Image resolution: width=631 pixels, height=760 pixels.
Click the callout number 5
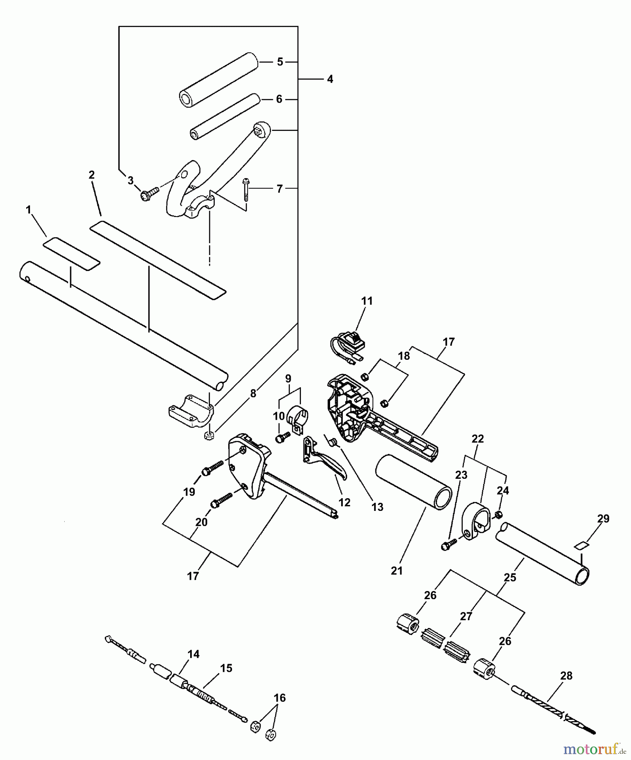[x=280, y=62]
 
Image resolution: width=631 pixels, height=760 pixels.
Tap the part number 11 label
[x=367, y=301]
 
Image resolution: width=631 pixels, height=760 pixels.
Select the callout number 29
[x=603, y=518]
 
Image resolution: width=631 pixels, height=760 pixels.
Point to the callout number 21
[x=396, y=571]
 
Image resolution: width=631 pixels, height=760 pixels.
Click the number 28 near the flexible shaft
[x=566, y=676]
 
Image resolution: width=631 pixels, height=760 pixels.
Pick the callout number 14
[x=194, y=654]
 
